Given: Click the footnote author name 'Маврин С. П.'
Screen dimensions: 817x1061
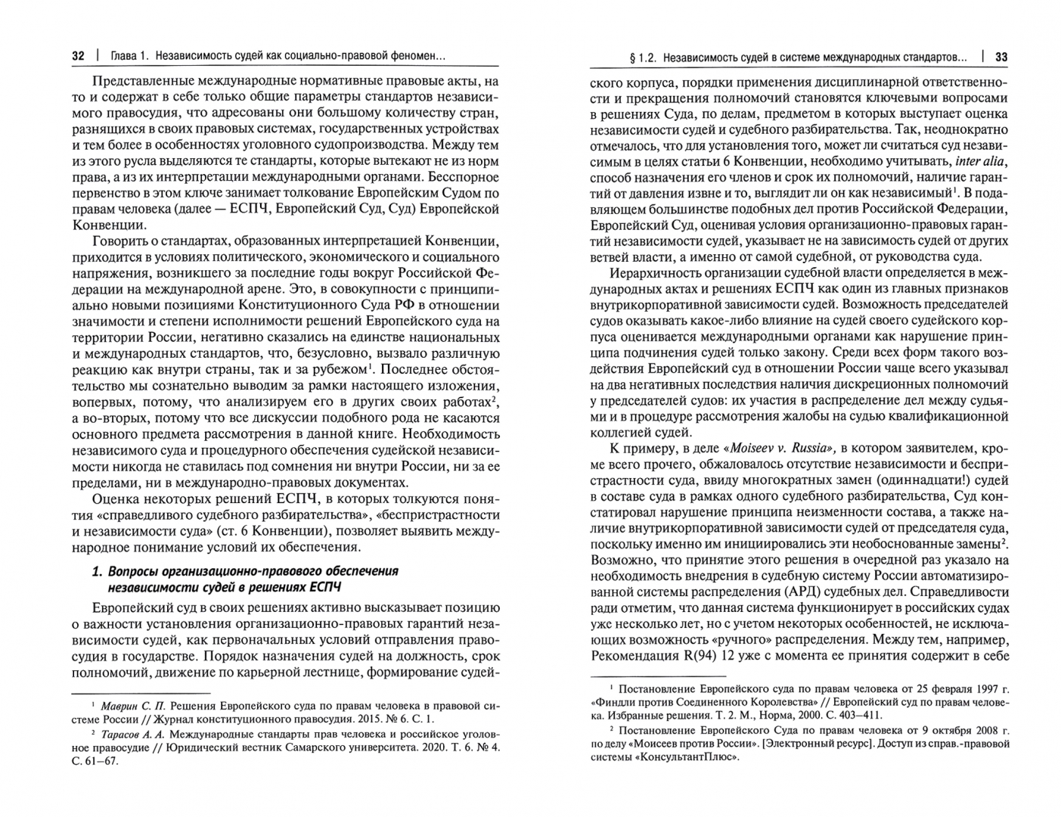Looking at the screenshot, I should click(x=126, y=705).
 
